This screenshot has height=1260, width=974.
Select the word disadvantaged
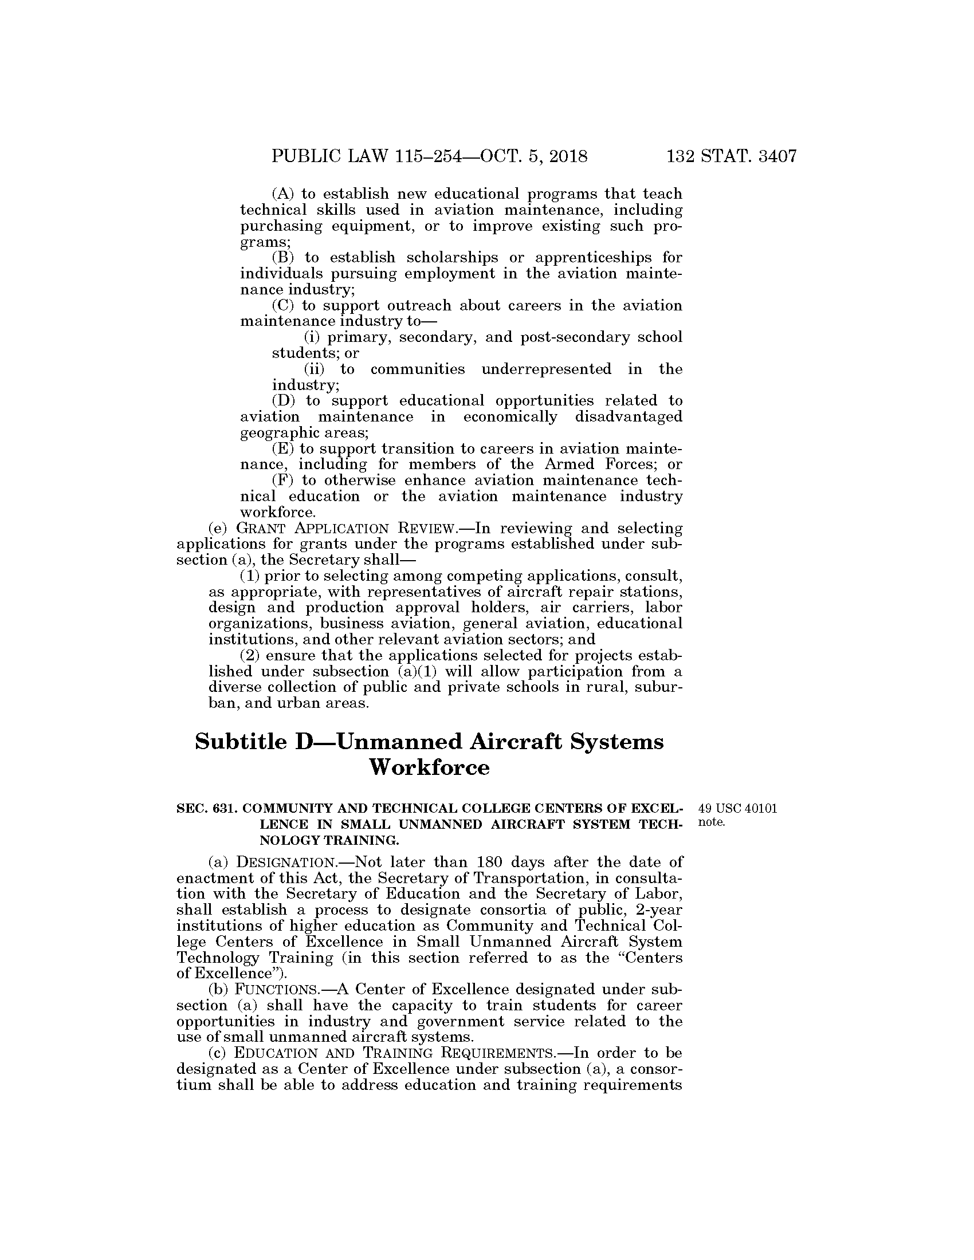click(629, 416)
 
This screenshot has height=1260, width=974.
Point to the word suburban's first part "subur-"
click(659, 688)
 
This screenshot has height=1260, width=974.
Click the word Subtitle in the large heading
click(241, 742)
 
